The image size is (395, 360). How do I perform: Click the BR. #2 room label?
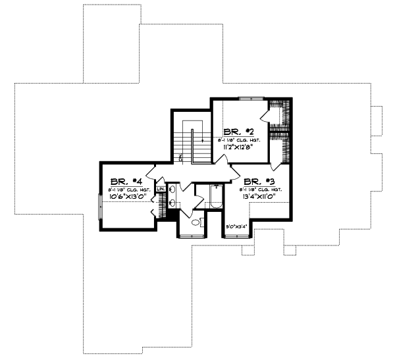[x=234, y=131]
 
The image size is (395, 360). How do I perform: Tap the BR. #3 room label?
[x=258, y=181]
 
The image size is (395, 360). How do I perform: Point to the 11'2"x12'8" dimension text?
[x=240, y=148]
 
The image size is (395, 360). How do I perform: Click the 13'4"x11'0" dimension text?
[x=263, y=196]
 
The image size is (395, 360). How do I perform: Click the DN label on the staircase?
[x=180, y=158]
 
